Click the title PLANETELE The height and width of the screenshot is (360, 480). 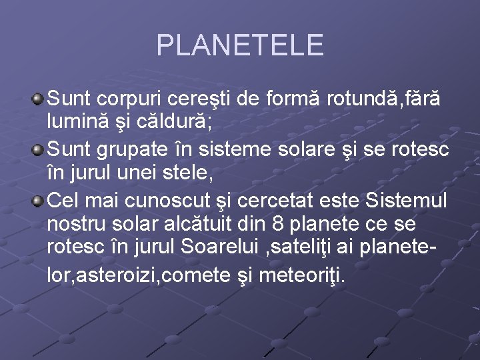(x=239, y=45)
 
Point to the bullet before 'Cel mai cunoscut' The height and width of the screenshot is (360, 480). (x=39, y=201)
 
